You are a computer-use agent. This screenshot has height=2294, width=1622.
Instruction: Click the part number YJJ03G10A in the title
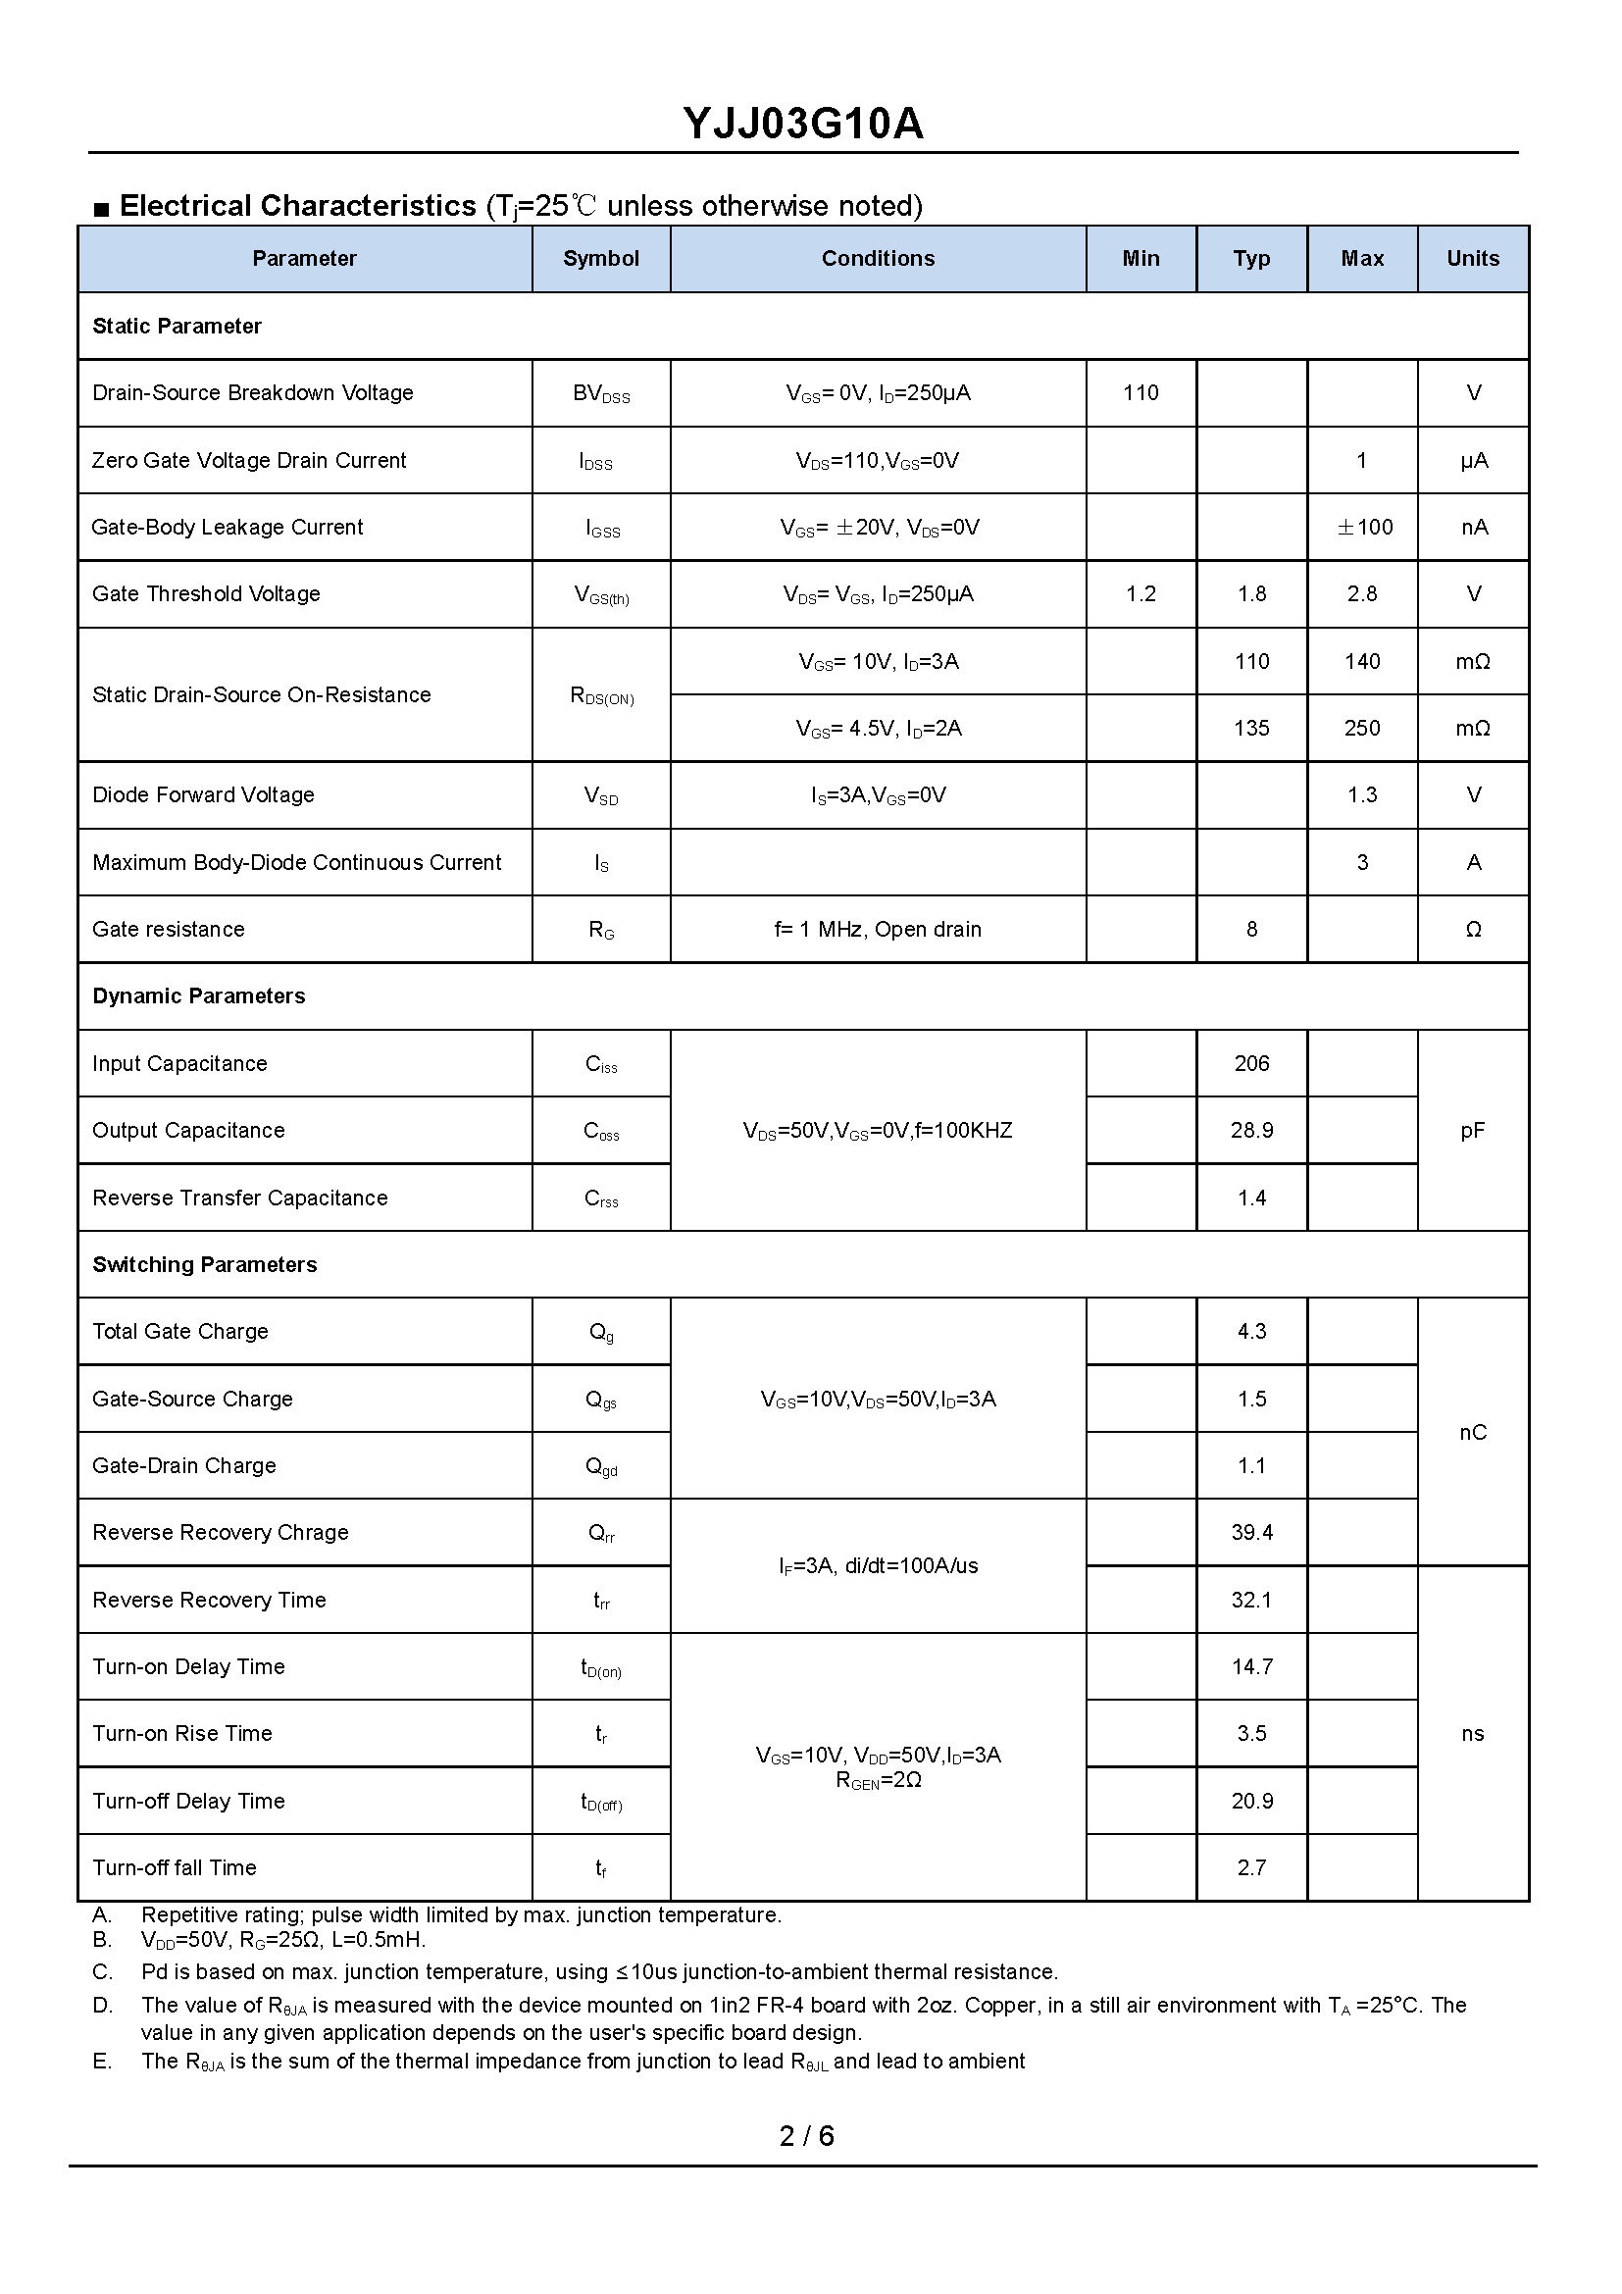pos(803,124)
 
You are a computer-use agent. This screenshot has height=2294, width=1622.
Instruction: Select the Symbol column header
pos(600,259)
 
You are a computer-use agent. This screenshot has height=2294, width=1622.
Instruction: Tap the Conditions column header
pos(878,259)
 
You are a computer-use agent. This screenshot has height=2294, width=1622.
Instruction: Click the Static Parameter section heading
pos(177,326)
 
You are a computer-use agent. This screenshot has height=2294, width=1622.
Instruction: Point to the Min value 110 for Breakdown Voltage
pos(1140,392)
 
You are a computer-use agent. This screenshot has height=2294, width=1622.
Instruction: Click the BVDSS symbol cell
pos(601,393)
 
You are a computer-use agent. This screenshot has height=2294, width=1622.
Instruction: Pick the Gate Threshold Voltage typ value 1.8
pos(1251,593)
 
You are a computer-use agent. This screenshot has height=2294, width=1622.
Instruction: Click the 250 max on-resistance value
pos(1362,728)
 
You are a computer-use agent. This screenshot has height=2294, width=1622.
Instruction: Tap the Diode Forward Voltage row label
pos(203,794)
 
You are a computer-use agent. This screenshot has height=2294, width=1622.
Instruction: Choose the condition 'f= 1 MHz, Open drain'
pos(878,929)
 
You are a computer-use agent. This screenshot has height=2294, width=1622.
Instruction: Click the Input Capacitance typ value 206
pos(1251,1063)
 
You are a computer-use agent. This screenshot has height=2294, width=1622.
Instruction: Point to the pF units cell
pos(1472,1130)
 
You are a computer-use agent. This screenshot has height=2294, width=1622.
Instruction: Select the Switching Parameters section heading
pos(205,1264)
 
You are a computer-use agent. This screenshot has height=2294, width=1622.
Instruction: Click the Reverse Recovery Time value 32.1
pos(1251,1600)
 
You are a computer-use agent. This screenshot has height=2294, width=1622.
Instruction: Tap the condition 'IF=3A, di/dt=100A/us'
pos(878,1565)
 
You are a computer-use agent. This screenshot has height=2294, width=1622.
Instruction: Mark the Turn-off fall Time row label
pos(175,1867)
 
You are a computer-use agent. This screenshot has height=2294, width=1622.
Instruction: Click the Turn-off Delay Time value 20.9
pos(1251,1801)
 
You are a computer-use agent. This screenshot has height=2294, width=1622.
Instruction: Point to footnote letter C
pos(102,1971)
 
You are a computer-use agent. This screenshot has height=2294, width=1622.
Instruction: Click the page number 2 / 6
pos(807,2135)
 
